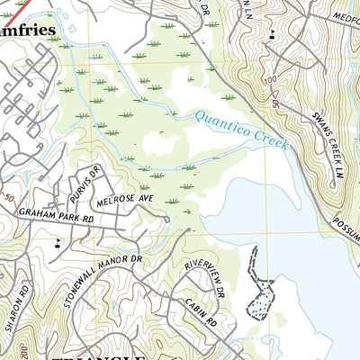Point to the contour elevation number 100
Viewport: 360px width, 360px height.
pos(270,82)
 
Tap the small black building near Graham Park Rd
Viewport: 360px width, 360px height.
pos(58,241)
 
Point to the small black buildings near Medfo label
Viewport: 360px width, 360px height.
pos(272,35)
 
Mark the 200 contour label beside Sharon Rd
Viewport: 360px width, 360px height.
pos(12,346)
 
